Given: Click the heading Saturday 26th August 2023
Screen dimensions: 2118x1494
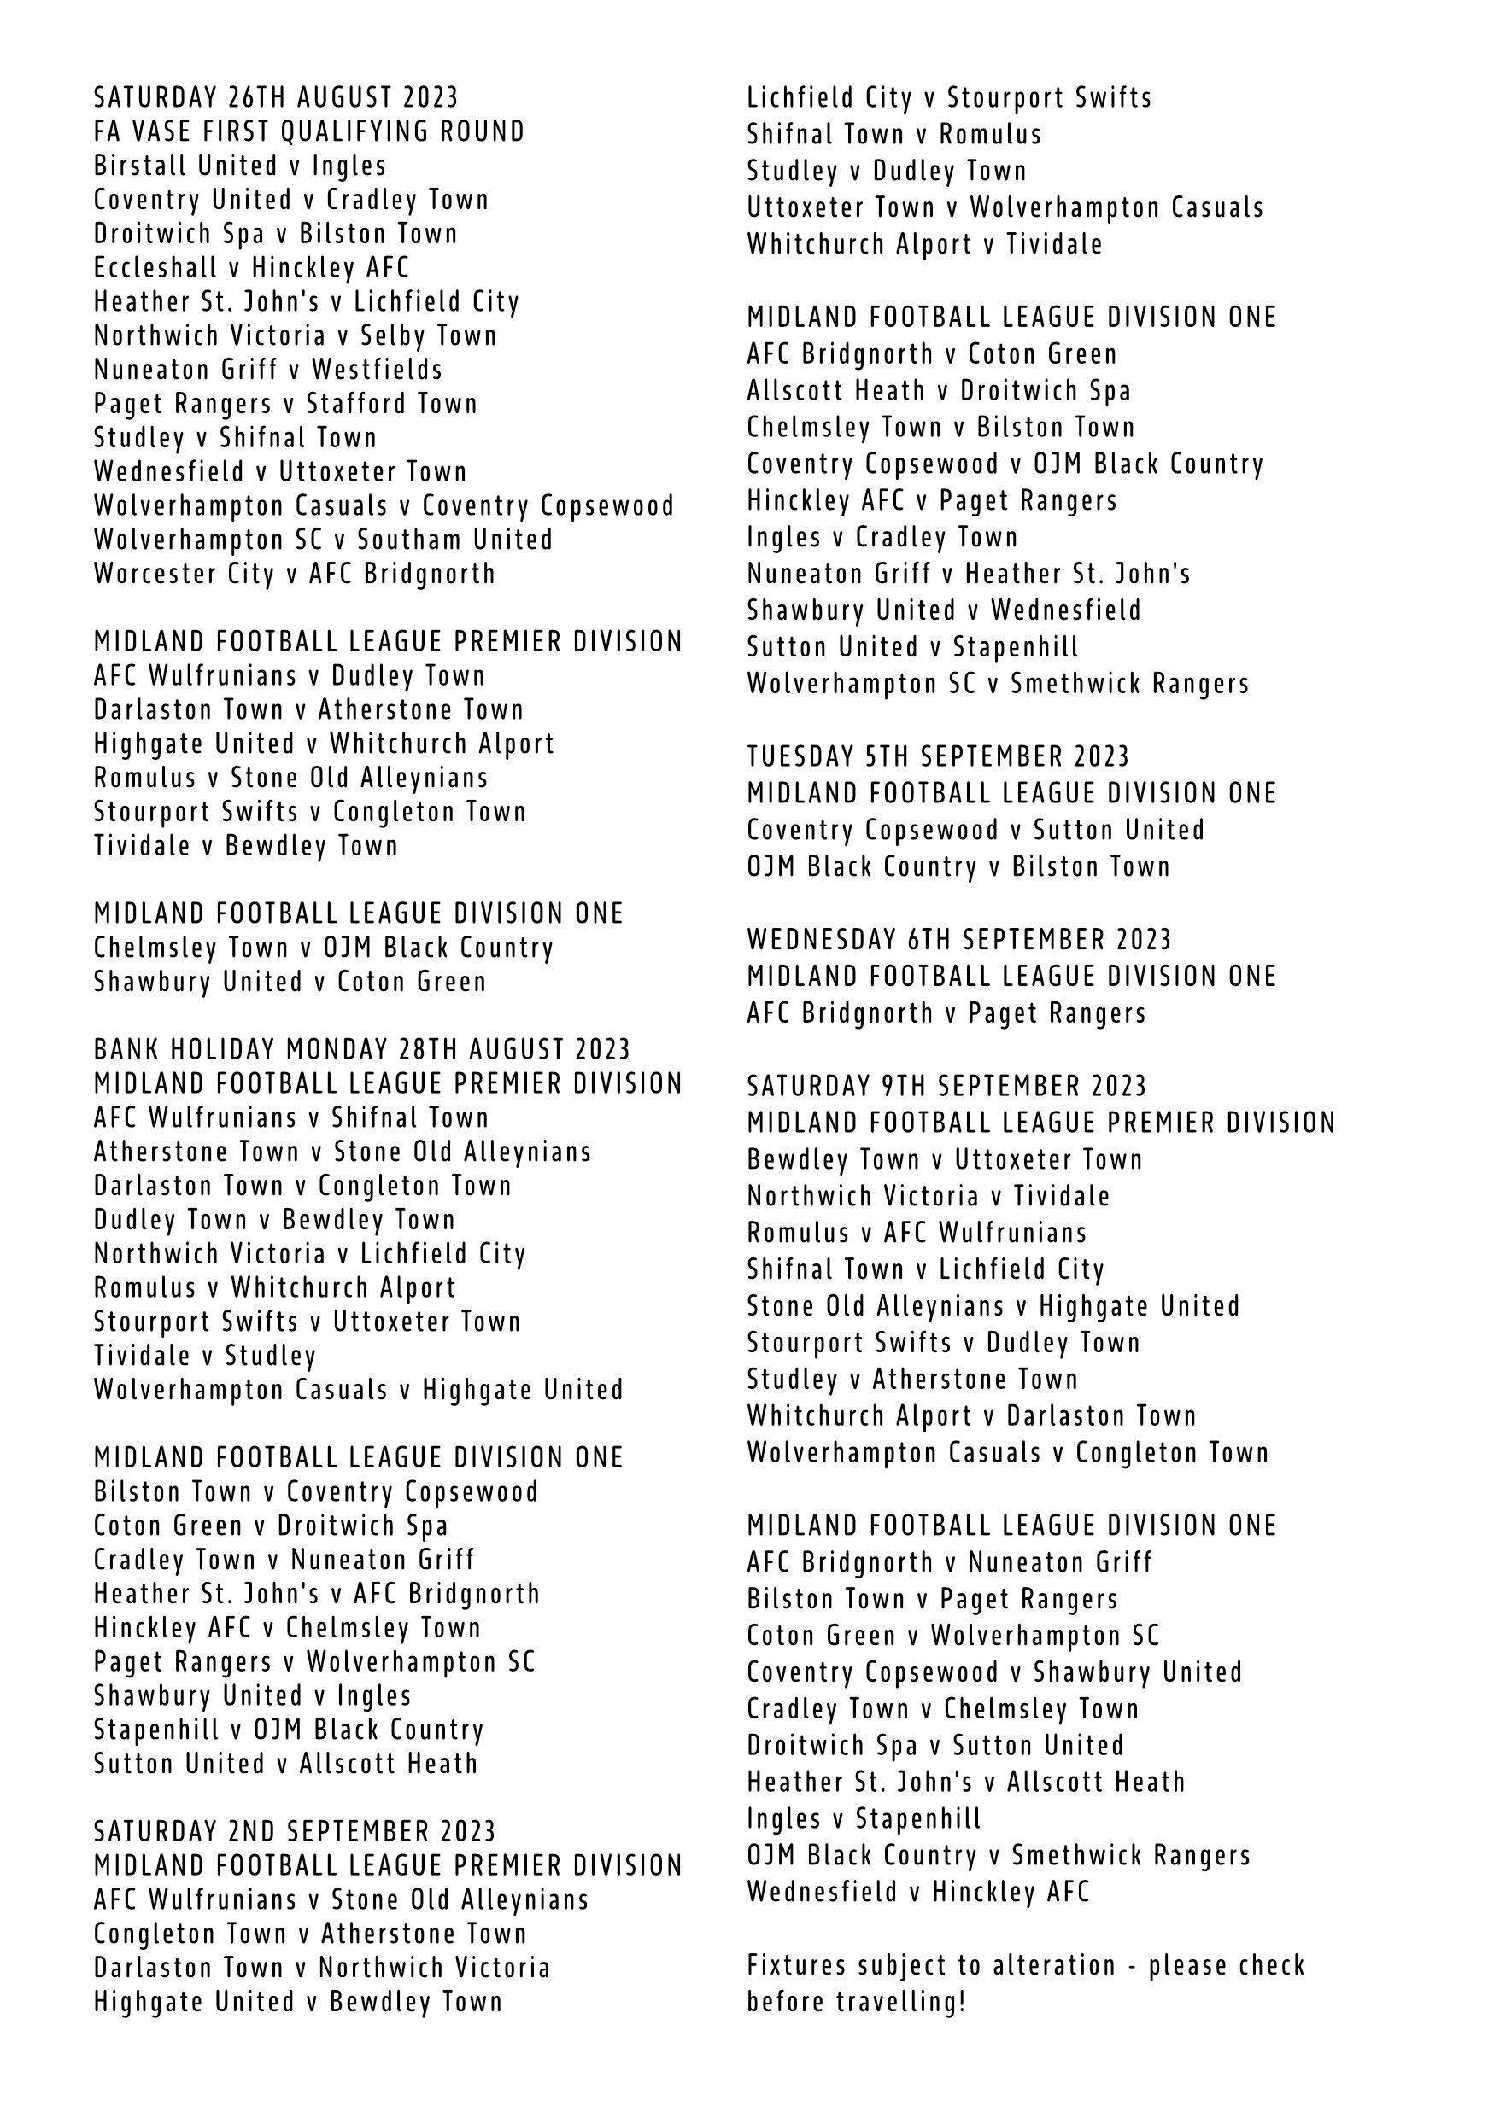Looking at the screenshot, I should pos(276,96).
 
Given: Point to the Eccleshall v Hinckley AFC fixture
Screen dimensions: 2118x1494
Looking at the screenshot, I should pos(251,267).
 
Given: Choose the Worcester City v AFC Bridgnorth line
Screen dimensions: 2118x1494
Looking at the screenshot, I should pos(295,574).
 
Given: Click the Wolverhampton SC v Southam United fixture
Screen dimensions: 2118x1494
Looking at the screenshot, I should pos(323,540).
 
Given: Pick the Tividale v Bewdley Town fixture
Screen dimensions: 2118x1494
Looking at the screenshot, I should pos(245,846).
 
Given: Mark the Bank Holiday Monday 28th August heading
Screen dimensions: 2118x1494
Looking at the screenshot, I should pos(361,1050).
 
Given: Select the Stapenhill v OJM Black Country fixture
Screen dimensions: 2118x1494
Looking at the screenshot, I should pos(289,1730).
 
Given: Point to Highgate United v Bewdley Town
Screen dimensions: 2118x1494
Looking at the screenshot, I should pos(298,2002).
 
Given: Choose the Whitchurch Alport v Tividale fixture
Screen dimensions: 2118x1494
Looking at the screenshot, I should pos(924,244).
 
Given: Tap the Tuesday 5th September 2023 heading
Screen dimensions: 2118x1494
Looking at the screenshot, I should pos(938,756).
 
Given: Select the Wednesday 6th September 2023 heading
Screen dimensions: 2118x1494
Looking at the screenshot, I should pos(958,940).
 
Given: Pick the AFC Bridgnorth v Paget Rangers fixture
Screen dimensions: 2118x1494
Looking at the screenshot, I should pos(946,1012).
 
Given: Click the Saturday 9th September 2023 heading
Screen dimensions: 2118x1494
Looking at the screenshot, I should pos(946,1086).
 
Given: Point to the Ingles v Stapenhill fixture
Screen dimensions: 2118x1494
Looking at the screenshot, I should pos(864,1818).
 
